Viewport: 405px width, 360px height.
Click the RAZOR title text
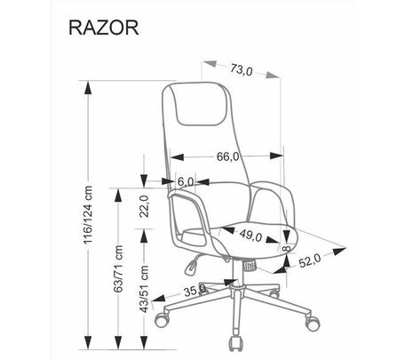pos(104,28)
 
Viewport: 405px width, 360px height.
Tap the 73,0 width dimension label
pos(242,70)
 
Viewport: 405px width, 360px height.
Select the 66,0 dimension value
pos(227,156)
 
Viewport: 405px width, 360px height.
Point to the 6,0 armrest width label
pos(186,181)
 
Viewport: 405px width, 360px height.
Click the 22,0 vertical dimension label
pos(144,206)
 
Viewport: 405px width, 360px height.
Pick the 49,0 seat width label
pos(250,235)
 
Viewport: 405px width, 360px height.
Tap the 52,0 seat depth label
pos(310,261)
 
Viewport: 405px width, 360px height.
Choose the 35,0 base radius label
pos(195,291)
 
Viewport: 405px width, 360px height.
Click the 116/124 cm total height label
pos(88,215)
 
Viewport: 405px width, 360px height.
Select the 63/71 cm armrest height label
pos(118,268)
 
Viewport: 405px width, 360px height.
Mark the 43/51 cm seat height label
pos(145,289)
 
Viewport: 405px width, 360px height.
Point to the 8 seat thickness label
pos(287,248)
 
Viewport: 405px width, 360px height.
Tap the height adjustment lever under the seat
pos(191,265)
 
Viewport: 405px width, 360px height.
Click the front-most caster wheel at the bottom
pos(236,344)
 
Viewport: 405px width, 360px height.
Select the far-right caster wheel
pos(313,323)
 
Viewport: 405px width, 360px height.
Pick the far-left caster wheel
pos(163,319)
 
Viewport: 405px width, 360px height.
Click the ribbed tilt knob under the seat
pos(250,265)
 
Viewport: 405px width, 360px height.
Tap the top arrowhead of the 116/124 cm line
pos(88,87)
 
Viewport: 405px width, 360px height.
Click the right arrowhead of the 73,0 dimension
pos(273,75)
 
